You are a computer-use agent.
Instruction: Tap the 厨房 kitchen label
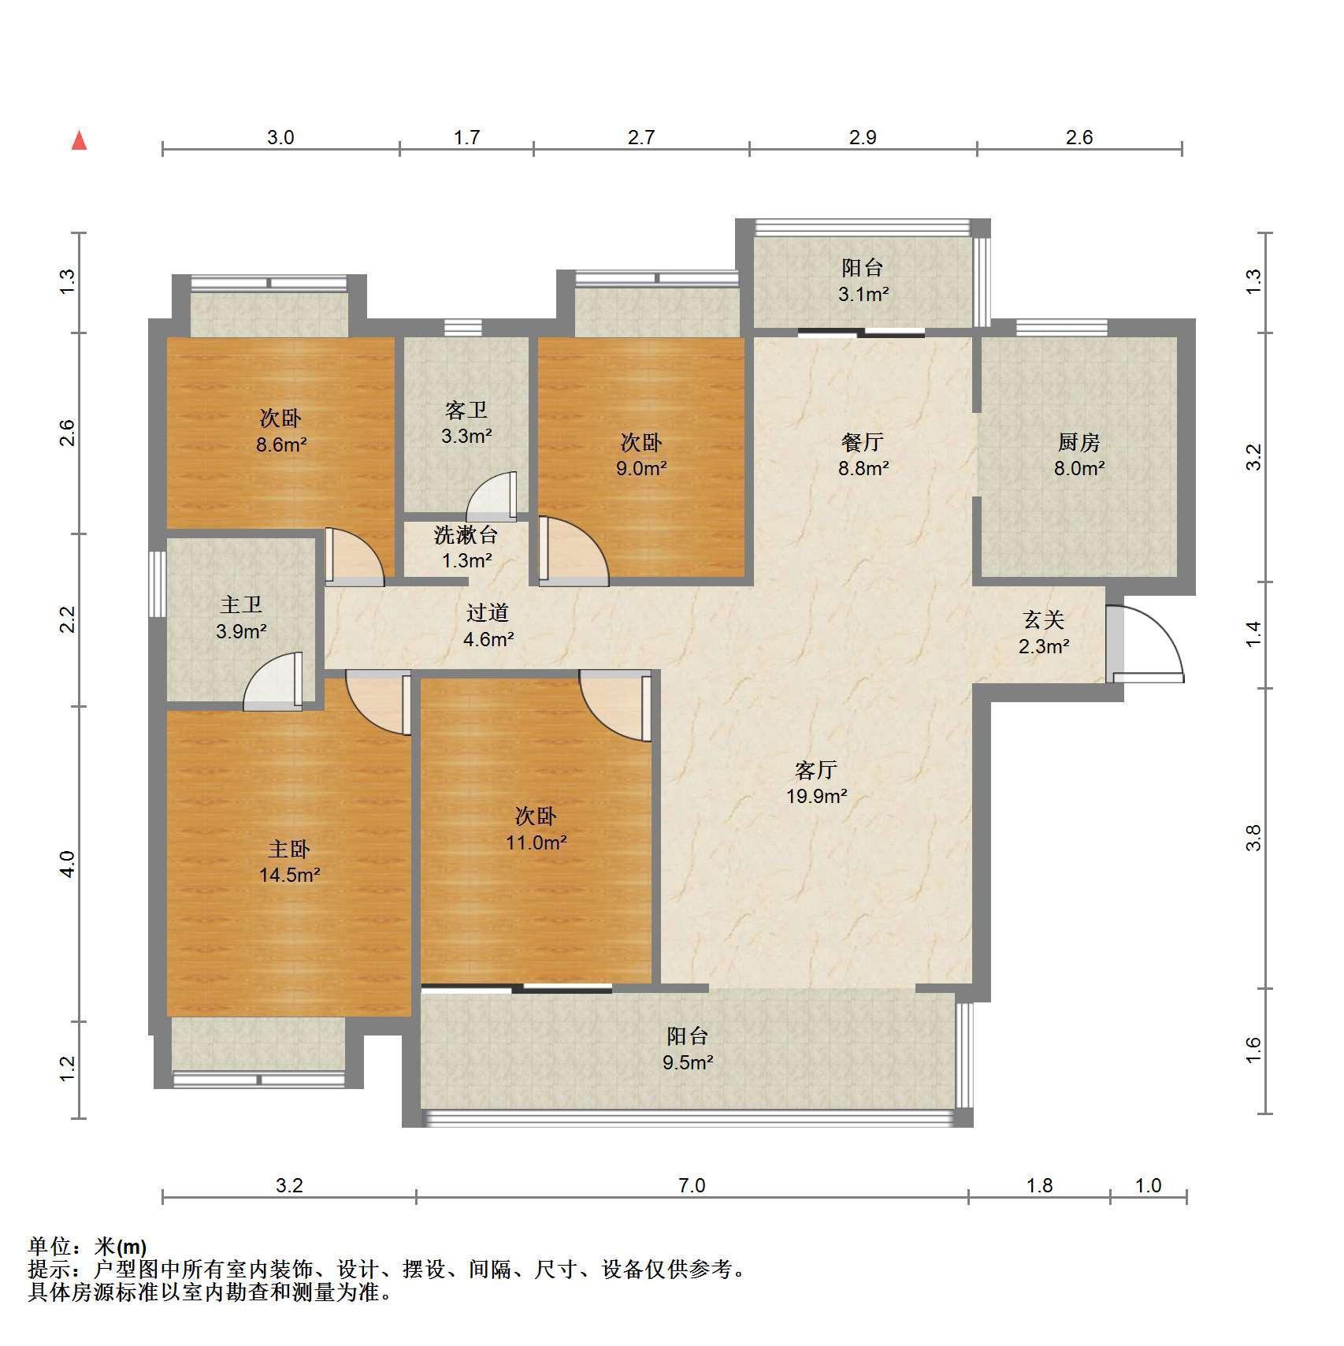(1079, 442)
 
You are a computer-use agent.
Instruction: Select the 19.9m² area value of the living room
(816, 796)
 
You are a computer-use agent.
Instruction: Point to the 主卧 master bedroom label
(289, 849)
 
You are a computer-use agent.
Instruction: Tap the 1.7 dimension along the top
(466, 138)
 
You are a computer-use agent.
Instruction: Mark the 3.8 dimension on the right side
(1253, 837)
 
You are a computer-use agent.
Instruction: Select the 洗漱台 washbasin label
(466, 535)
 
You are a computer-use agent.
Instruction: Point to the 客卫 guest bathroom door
(492, 496)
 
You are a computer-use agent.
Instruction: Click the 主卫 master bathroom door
(273, 682)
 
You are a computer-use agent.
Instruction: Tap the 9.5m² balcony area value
(688, 1062)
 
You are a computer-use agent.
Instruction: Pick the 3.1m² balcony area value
(863, 295)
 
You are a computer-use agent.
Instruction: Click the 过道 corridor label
(487, 612)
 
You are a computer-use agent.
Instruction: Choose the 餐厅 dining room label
(863, 441)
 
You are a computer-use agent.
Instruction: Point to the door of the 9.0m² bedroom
(574, 552)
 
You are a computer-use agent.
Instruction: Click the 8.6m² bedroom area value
(280, 444)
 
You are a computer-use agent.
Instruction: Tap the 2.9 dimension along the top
(863, 138)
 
